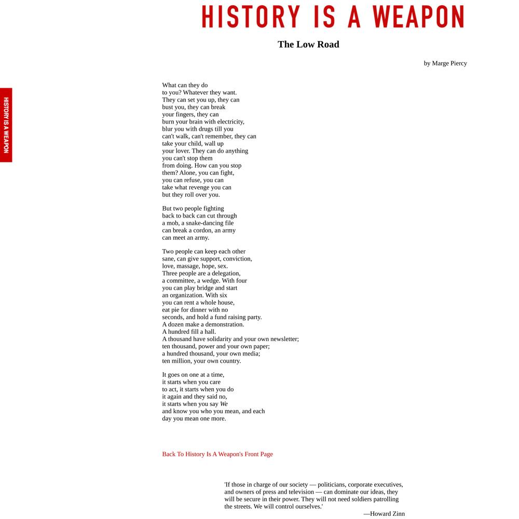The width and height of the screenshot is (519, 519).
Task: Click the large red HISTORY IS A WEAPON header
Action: pyautogui.click(x=333, y=16)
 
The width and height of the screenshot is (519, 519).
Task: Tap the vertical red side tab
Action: pyautogui.click(x=6, y=125)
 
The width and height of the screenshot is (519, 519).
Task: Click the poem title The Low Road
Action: pyautogui.click(x=308, y=44)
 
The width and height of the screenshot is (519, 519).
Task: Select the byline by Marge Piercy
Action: pyautogui.click(x=445, y=63)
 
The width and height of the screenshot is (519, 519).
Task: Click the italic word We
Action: pyautogui.click(x=224, y=404)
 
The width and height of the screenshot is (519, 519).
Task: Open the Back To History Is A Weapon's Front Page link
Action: pyautogui.click(x=217, y=454)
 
